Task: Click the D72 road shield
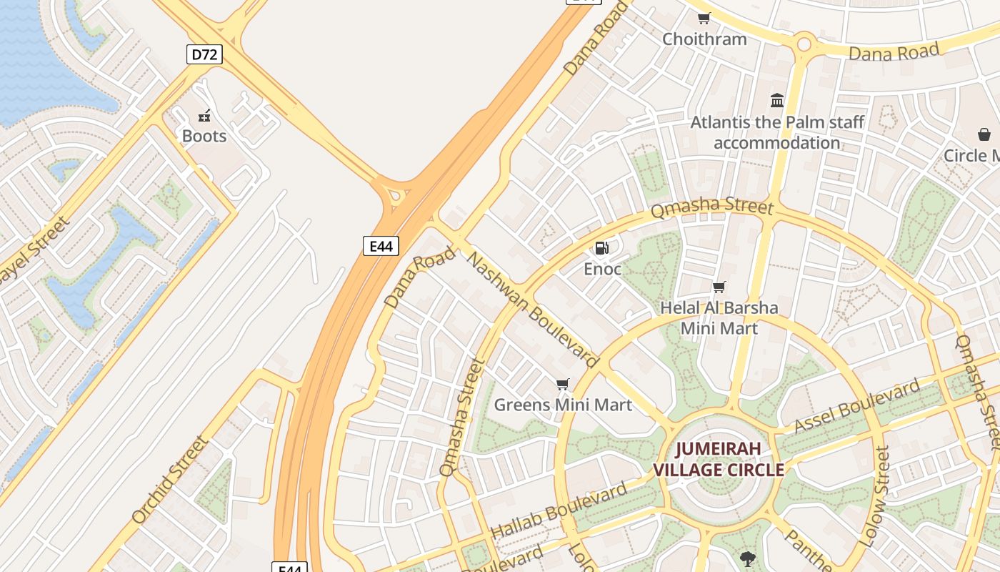click(x=204, y=54)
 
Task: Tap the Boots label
click(x=204, y=136)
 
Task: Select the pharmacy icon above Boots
click(x=204, y=116)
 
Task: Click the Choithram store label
click(x=704, y=39)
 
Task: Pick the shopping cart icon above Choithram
click(x=704, y=19)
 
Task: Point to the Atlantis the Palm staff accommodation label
click(x=777, y=132)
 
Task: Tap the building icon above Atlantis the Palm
click(x=777, y=101)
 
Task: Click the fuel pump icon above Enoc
click(x=602, y=248)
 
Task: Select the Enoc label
click(x=602, y=269)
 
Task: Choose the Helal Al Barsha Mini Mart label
click(x=719, y=318)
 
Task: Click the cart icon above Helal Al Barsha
click(x=719, y=287)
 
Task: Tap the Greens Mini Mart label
click(x=563, y=405)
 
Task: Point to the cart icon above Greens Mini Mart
click(x=563, y=385)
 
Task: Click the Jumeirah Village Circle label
click(x=719, y=459)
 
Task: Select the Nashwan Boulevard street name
click(x=532, y=309)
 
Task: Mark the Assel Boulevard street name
click(x=857, y=406)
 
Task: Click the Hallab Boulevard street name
click(x=559, y=511)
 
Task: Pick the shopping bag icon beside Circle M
click(x=984, y=134)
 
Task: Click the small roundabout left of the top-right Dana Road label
click(x=804, y=44)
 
